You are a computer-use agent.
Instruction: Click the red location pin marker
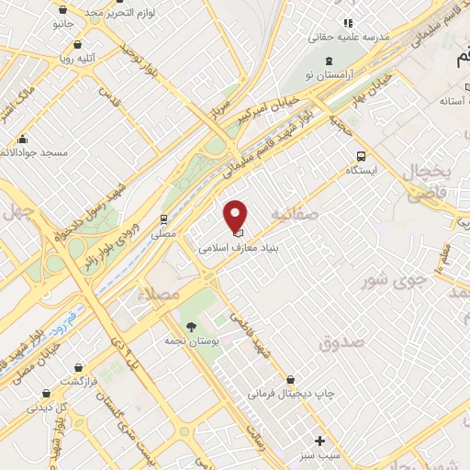click(x=237, y=215)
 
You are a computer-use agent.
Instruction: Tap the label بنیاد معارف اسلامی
click(x=238, y=248)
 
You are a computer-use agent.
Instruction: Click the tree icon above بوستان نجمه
click(x=191, y=327)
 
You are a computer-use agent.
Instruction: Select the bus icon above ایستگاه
click(x=361, y=156)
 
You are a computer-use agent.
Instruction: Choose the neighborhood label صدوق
click(x=341, y=342)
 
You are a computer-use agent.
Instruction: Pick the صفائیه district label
click(x=293, y=216)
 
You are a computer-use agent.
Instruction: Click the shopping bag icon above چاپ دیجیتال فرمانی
click(x=291, y=379)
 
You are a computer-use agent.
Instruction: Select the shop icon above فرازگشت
click(x=78, y=366)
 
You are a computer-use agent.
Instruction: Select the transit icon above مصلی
click(x=163, y=219)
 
